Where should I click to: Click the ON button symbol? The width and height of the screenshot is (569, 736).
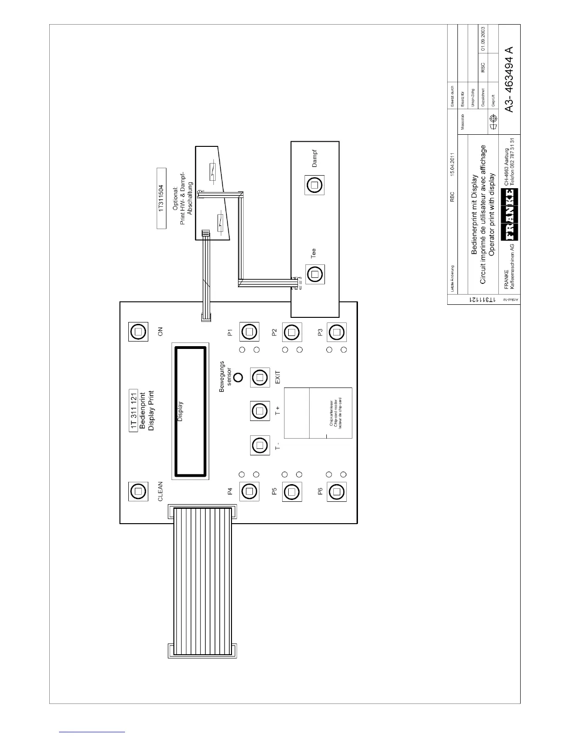click(x=138, y=332)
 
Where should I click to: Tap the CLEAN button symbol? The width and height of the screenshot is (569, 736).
click(x=138, y=491)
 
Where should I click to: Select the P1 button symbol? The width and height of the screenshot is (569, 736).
click(x=250, y=332)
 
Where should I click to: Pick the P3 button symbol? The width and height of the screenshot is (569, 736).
click(x=337, y=332)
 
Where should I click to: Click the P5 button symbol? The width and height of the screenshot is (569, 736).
click(x=291, y=491)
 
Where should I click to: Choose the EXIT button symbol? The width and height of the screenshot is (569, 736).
click(x=260, y=377)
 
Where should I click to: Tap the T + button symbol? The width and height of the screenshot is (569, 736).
click(x=260, y=411)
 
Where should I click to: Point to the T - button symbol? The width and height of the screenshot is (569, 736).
click(x=260, y=445)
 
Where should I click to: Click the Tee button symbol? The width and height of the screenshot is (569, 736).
click(x=315, y=274)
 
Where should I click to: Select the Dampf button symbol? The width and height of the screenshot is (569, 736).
click(x=315, y=185)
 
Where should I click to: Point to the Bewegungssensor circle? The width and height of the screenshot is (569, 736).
click(x=238, y=377)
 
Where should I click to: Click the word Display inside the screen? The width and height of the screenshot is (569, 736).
click(x=180, y=412)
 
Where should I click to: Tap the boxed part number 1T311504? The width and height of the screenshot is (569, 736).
click(x=161, y=199)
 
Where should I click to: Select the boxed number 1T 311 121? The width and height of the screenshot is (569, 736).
click(x=133, y=411)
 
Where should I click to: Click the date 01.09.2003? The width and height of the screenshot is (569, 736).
click(x=483, y=38)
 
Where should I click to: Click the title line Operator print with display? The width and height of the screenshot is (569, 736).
click(x=492, y=212)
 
